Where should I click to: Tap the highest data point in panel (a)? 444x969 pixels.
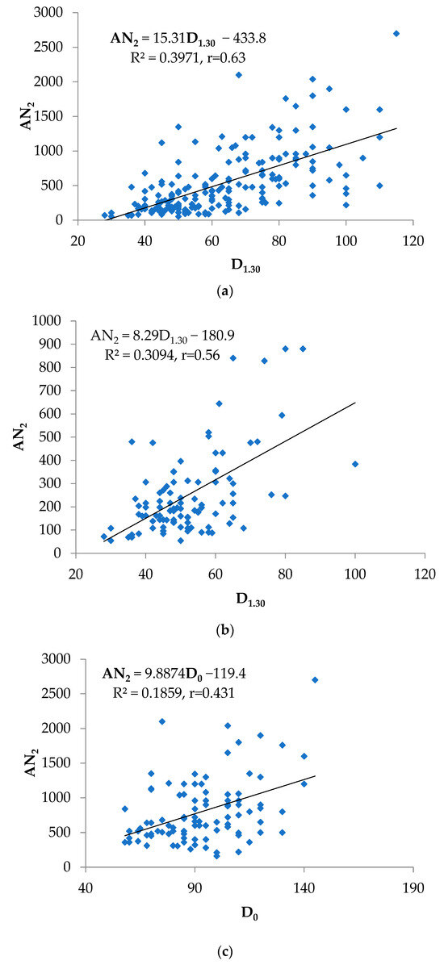pyautogui.click(x=396, y=33)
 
